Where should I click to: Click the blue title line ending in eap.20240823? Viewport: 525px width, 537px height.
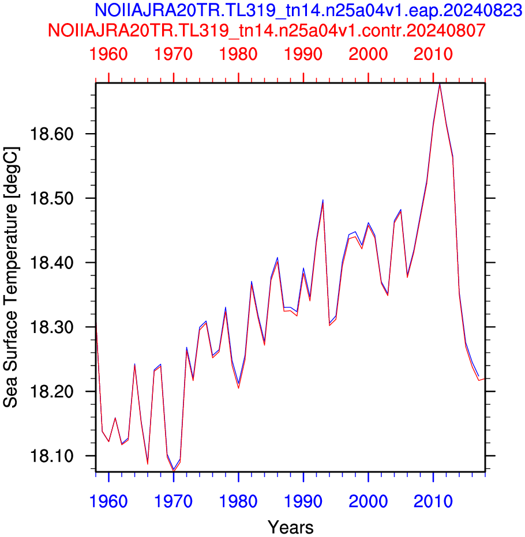tap(308, 10)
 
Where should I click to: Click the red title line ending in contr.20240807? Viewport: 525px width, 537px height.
tap(267, 30)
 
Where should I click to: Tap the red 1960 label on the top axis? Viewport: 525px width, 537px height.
tap(108, 54)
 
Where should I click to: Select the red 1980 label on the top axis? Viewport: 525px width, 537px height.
tap(238, 54)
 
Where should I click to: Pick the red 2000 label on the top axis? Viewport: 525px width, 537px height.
tap(368, 54)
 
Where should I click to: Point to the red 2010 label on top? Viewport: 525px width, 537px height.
tap(433, 54)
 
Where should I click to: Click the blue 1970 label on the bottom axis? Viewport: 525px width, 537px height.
tap(174, 501)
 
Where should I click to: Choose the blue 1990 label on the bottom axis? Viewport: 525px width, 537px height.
tap(303, 501)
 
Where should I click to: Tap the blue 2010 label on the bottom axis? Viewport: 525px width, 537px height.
tap(433, 501)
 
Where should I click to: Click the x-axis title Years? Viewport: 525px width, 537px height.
tap(290, 527)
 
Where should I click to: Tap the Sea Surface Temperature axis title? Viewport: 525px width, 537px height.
tap(11, 277)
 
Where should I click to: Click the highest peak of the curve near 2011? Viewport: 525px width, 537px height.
tap(440, 84)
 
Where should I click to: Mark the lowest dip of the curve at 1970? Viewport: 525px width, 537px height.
tap(174, 471)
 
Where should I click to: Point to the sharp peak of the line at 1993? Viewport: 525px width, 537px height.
tap(322, 201)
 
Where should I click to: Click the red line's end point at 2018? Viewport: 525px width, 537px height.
tap(485, 379)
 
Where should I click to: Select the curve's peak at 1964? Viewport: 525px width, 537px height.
tap(134, 365)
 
